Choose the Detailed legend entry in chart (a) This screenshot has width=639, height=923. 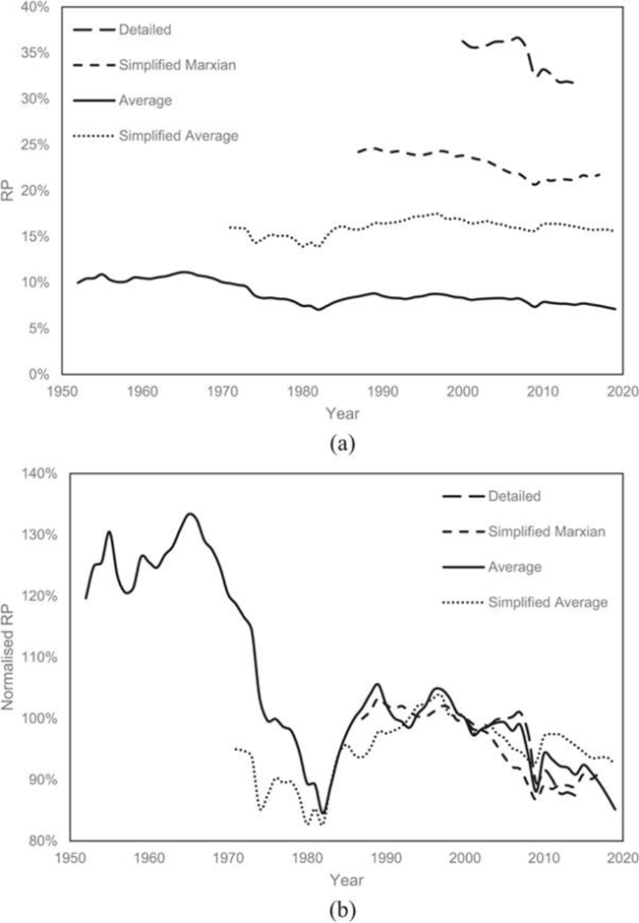click(145, 30)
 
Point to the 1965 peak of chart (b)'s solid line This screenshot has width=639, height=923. click(190, 514)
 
